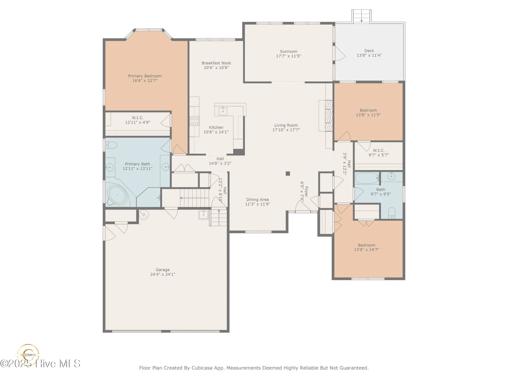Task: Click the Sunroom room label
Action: pos(289,52)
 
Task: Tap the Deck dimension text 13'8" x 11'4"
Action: pos(369,55)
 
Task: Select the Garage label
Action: pos(163,270)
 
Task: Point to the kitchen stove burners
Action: pos(194,121)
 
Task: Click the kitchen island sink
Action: pos(223,111)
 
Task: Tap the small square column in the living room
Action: pos(288,173)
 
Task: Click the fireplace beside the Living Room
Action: pos(329,116)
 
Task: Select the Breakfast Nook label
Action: pos(216,63)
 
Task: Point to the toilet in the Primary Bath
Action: pos(111,145)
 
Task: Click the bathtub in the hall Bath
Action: pos(367,178)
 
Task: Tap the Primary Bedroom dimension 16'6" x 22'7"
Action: pos(145,81)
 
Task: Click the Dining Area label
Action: pos(257,200)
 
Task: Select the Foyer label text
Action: pos(306,192)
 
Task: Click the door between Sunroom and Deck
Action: pos(339,53)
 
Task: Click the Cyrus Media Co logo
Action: pos(28,354)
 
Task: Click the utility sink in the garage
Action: pos(203,214)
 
